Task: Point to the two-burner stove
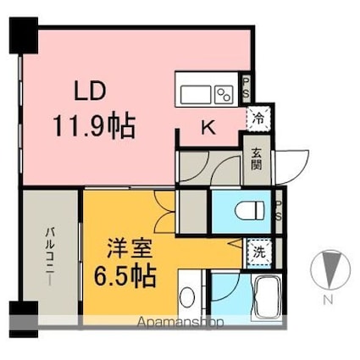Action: pos(224,93)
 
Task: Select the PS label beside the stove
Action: pos(246,87)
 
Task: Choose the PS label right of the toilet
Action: pos(279,211)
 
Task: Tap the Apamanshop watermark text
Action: pos(180,323)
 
